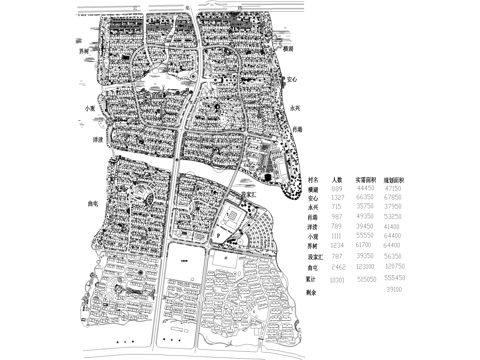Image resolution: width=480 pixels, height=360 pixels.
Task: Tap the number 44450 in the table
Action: (x=365, y=187)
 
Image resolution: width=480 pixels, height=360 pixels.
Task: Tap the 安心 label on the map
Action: (x=292, y=78)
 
